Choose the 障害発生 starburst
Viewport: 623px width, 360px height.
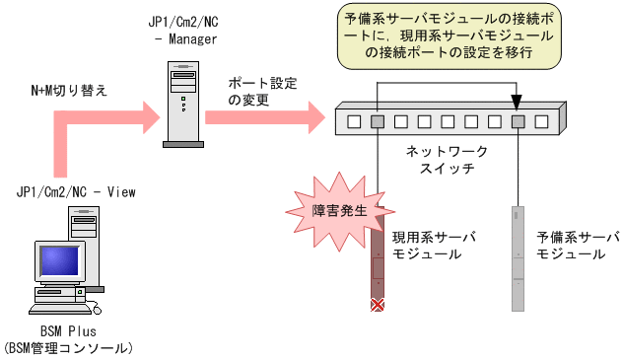[x=331, y=209]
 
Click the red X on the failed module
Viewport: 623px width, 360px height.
[x=377, y=306]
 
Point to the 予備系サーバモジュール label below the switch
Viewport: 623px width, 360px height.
[x=578, y=246]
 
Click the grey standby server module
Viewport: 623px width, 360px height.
[x=519, y=258]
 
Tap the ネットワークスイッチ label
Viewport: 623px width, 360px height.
[x=448, y=160]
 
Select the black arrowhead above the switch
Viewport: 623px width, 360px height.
[x=518, y=99]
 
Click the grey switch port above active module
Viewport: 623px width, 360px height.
[x=378, y=122]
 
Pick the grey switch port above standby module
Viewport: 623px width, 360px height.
[x=519, y=122]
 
